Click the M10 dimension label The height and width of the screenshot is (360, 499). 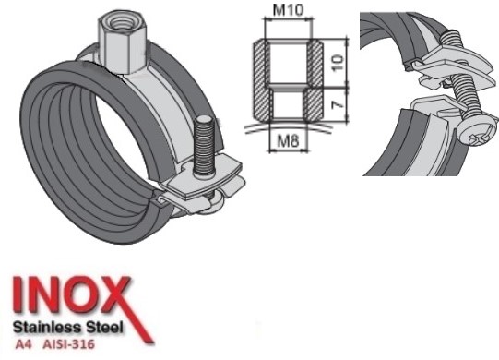(x=289, y=10)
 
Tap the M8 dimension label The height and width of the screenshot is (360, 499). (x=288, y=140)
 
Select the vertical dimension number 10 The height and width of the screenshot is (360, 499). (x=338, y=63)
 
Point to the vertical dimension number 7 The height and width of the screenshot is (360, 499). (x=339, y=104)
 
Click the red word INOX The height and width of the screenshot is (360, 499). (x=72, y=294)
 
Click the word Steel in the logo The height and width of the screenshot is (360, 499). (x=103, y=327)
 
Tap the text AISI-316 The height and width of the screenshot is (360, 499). (x=68, y=344)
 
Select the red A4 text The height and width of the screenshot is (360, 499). (x=23, y=344)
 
